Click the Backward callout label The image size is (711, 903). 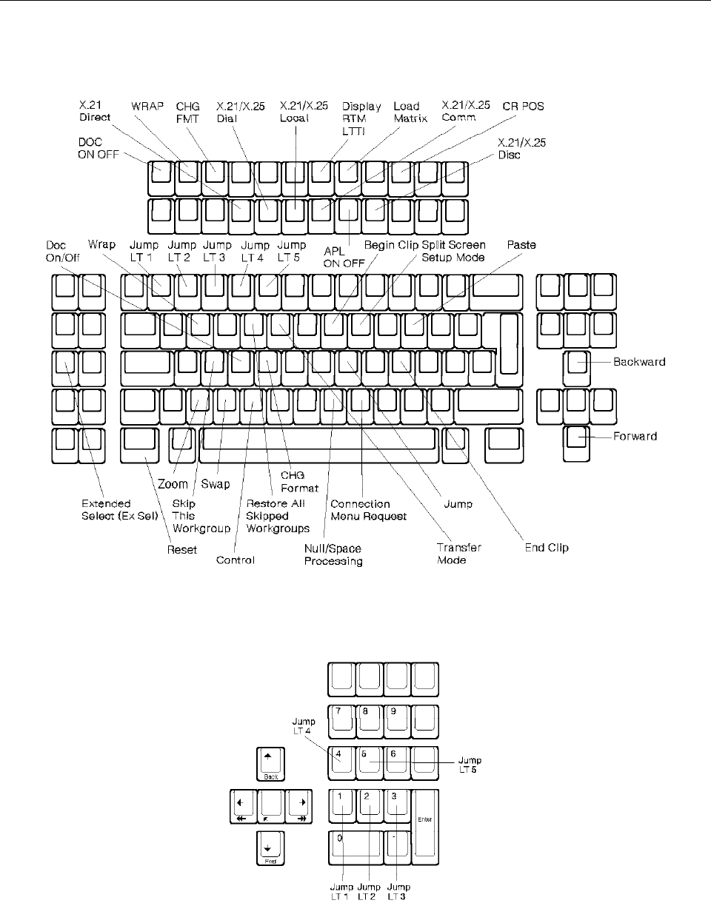point(639,362)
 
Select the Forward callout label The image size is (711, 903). point(635,437)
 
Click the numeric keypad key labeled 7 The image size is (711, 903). point(341,720)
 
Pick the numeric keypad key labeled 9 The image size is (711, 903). point(397,720)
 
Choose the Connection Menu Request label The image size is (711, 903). point(369,510)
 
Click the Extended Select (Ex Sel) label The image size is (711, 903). point(113,510)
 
